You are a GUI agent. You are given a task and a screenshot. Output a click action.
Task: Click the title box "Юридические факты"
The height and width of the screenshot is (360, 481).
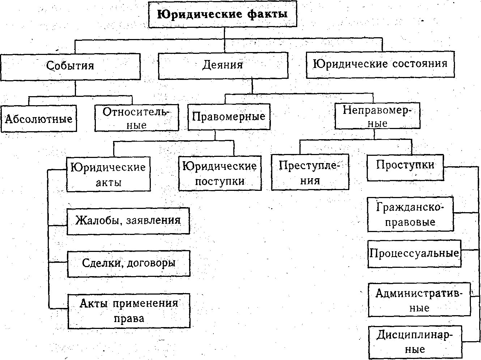pyautogui.click(x=223, y=14)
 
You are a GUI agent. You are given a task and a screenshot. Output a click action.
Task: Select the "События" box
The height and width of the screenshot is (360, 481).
pyautogui.click(x=70, y=67)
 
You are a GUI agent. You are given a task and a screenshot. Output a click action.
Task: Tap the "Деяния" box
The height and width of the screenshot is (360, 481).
pyautogui.click(x=223, y=65)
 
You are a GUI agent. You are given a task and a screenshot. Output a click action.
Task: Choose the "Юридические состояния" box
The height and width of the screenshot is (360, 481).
pyautogui.click(x=380, y=65)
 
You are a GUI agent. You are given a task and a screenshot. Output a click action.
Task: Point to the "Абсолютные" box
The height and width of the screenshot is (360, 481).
pyautogui.click(x=39, y=119)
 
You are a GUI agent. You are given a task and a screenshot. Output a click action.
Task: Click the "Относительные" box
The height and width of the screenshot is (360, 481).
pyautogui.click(x=137, y=118)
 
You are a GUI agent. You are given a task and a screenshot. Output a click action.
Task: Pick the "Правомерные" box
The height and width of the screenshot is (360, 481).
pyautogui.click(x=229, y=117)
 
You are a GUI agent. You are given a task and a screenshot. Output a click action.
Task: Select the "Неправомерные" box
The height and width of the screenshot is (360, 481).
pyautogui.click(x=377, y=116)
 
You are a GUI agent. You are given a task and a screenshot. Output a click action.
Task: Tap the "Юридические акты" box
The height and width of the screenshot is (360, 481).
pyautogui.click(x=108, y=174)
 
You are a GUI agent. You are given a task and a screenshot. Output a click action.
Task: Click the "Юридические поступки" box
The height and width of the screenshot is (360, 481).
pyautogui.click(x=220, y=173)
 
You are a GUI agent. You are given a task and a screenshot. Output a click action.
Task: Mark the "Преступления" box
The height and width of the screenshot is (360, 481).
pyautogui.click(x=310, y=172)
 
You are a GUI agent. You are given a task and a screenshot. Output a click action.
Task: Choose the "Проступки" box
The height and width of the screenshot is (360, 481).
pyautogui.click(x=405, y=168)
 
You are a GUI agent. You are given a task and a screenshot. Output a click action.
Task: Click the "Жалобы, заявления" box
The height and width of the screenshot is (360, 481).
pyautogui.click(x=128, y=221)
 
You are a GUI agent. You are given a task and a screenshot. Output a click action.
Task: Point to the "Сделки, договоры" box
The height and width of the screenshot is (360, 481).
pyautogui.click(x=129, y=263)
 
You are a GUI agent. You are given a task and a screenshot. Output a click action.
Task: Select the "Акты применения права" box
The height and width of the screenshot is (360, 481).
pyautogui.click(x=129, y=311)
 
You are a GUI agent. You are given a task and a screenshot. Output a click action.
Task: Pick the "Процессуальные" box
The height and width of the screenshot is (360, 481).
pyautogui.click(x=414, y=253)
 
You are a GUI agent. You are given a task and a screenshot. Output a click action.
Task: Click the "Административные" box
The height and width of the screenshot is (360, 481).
pyautogui.click(x=419, y=300)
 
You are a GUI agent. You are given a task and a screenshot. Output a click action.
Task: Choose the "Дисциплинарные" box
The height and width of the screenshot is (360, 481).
pyautogui.click(x=415, y=342)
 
